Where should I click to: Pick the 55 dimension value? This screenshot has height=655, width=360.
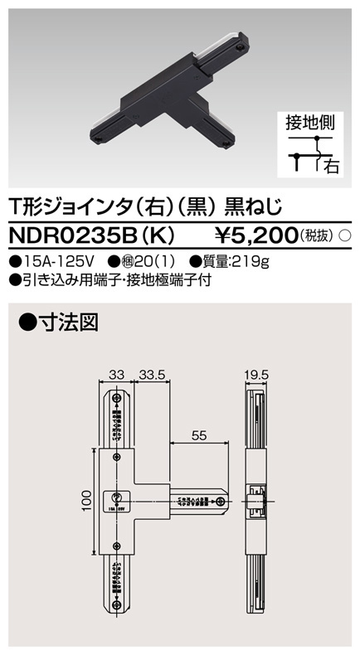(x=199, y=432)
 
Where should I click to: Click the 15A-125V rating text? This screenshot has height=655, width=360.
(x=50, y=261)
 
